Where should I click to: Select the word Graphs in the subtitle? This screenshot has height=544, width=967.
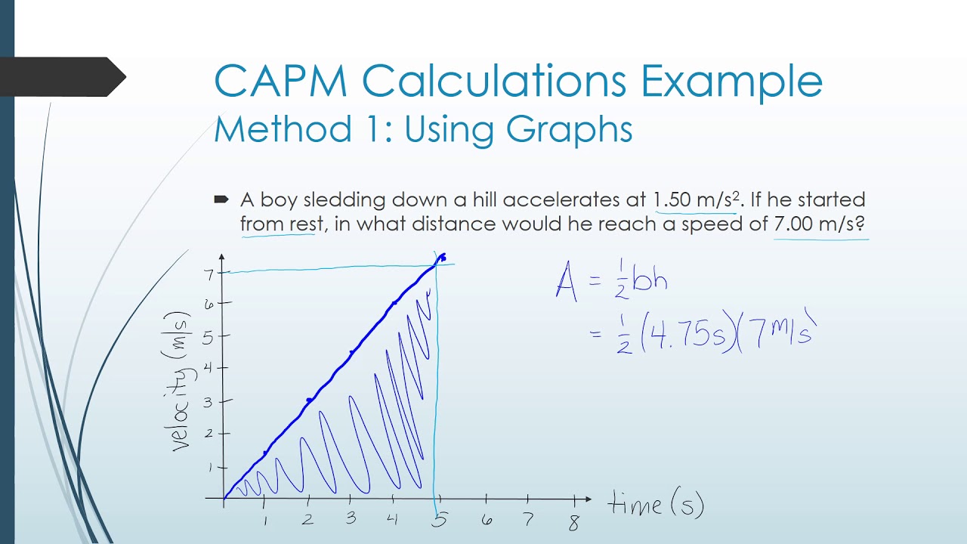click(x=570, y=128)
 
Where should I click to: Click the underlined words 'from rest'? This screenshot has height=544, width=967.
click(x=277, y=224)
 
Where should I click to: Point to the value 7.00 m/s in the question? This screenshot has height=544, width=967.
click(x=819, y=224)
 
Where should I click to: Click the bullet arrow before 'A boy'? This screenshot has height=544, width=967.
click(x=221, y=199)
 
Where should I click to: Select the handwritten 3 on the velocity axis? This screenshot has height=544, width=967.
click(x=209, y=401)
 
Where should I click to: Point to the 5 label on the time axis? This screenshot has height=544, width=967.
click(x=440, y=519)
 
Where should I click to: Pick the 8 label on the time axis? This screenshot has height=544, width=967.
click(x=574, y=521)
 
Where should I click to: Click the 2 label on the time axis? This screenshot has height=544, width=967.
click(x=307, y=520)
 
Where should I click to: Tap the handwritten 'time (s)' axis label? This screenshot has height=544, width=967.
click(x=656, y=505)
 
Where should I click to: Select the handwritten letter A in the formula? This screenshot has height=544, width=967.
click(x=567, y=281)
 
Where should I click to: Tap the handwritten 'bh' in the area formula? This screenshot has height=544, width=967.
click(x=650, y=280)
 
